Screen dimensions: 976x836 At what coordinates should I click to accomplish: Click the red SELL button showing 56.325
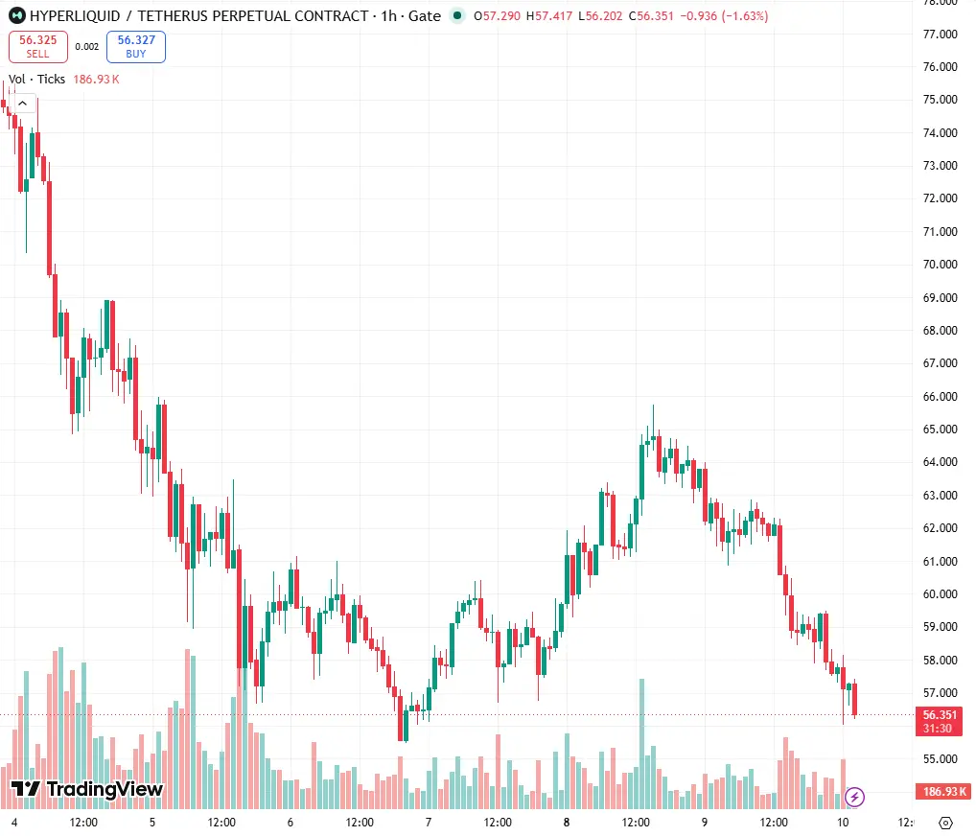[x=38, y=47]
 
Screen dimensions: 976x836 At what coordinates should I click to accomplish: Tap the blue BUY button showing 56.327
[x=136, y=47]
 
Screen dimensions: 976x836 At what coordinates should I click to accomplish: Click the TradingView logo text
[x=87, y=789]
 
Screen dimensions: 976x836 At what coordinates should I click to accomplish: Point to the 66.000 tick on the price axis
[x=940, y=397]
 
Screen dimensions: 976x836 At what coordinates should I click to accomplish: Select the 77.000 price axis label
[x=940, y=35]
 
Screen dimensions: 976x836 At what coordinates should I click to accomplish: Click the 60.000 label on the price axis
[x=940, y=593]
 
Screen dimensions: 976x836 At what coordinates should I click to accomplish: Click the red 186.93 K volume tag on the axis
[x=944, y=792]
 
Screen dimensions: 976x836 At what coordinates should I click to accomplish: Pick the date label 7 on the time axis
[x=429, y=823]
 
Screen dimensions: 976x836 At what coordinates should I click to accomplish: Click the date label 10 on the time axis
[x=842, y=823]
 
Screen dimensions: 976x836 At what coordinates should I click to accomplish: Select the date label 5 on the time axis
[x=152, y=823]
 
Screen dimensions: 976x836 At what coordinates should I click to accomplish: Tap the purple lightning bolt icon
[x=854, y=796]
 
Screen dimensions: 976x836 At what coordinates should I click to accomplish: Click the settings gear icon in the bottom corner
[x=945, y=823]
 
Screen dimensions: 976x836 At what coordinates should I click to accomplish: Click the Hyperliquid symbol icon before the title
[x=17, y=15]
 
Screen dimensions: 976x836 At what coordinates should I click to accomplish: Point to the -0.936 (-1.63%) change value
[x=724, y=16]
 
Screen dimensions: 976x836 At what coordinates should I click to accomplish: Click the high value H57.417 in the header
[x=549, y=16]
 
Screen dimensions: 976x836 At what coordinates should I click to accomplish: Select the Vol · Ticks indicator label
[x=36, y=79]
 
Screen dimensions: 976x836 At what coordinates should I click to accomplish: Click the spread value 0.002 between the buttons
[x=87, y=47]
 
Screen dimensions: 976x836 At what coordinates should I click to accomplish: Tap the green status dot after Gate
[x=457, y=15]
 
